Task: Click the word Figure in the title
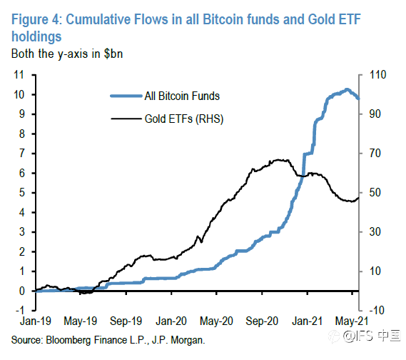[x=30, y=20]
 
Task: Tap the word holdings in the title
[x=36, y=36]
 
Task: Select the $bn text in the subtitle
[x=113, y=54]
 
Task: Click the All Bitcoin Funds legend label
[x=182, y=96]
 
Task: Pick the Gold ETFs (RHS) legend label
[x=184, y=119]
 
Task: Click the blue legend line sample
[x=126, y=96]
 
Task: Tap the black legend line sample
[x=126, y=119]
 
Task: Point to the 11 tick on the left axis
[x=19, y=75]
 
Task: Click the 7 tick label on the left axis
[x=21, y=153]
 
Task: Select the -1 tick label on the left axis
[x=20, y=310]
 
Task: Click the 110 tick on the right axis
[x=378, y=75]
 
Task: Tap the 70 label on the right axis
[x=375, y=153]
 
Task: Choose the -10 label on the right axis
[x=377, y=310]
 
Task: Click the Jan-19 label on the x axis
[x=36, y=321]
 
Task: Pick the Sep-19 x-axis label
[x=126, y=321]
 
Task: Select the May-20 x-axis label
[x=216, y=321]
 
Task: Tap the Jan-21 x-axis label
[x=307, y=321]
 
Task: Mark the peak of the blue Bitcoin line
[x=347, y=90]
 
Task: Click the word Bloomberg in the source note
[x=68, y=340]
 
